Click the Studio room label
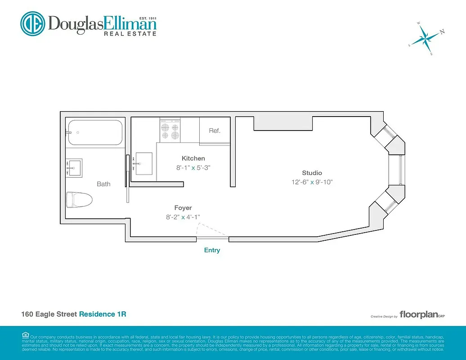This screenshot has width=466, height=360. pyautogui.click(x=312, y=173)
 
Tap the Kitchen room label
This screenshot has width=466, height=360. pyautogui.click(x=193, y=158)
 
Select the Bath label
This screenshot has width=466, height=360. pyautogui.click(x=103, y=184)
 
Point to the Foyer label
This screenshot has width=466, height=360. pyautogui.click(x=183, y=208)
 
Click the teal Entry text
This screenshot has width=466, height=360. pyautogui.click(x=212, y=250)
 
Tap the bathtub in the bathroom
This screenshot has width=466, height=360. pyautogui.click(x=94, y=133)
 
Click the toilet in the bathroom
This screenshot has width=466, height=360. pyautogui.click(x=79, y=199)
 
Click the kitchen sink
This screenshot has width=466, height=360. pyautogui.click(x=144, y=164)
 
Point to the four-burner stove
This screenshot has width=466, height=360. pyautogui.click(x=170, y=130)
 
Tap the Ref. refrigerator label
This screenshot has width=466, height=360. pyautogui.click(x=215, y=131)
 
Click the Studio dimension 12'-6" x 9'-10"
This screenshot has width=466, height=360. pyautogui.click(x=312, y=182)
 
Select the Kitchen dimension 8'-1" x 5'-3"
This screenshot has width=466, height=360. pyautogui.click(x=193, y=167)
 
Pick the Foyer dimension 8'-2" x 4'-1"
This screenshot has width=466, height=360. pyautogui.click(x=183, y=217)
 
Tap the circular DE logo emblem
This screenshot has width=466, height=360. pyautogui.click(x=33, y=23)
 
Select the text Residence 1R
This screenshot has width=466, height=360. pyautogui.click(x=103, y=314)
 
